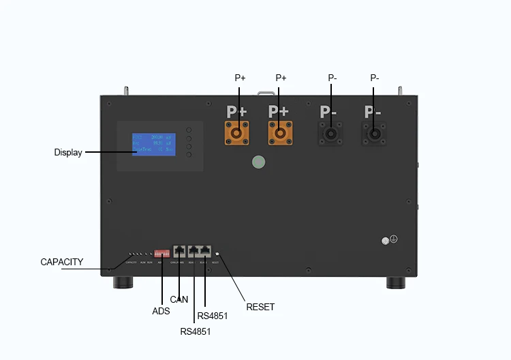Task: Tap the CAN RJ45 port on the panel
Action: tap(180, 251)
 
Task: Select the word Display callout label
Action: tap(67, 153)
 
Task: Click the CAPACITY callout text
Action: tap(62, 262)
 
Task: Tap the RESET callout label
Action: tap(260, 307)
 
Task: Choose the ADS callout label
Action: tap(161, 312)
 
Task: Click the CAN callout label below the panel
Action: tap(179, 299)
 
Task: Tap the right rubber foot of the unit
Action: tap(397, 282)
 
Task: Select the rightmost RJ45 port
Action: tap(205, 251)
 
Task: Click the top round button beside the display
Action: tap(189, 129)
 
